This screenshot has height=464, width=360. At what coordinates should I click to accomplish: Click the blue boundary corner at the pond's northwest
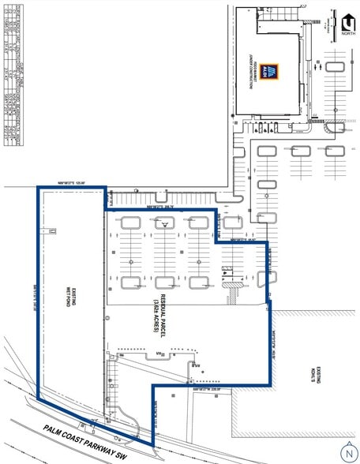(38, 187)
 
